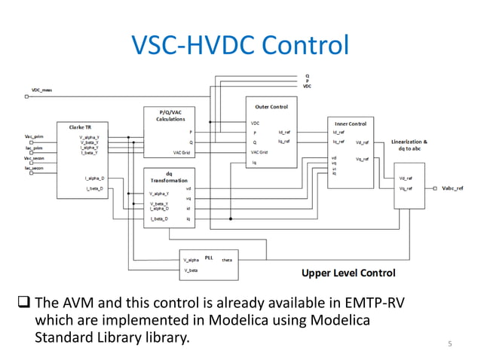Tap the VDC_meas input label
pyautogui.click(x=41, y=90)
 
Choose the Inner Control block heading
pyautogui.click(x=350, y=123)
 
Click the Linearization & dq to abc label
pyautogui.click(x=410, y=145)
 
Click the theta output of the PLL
pyautogui.click(x=227, y=259)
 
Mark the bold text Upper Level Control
pyautogui.click(x=348, y=273)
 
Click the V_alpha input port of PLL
pyautogui.click(x=191, y=259)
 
